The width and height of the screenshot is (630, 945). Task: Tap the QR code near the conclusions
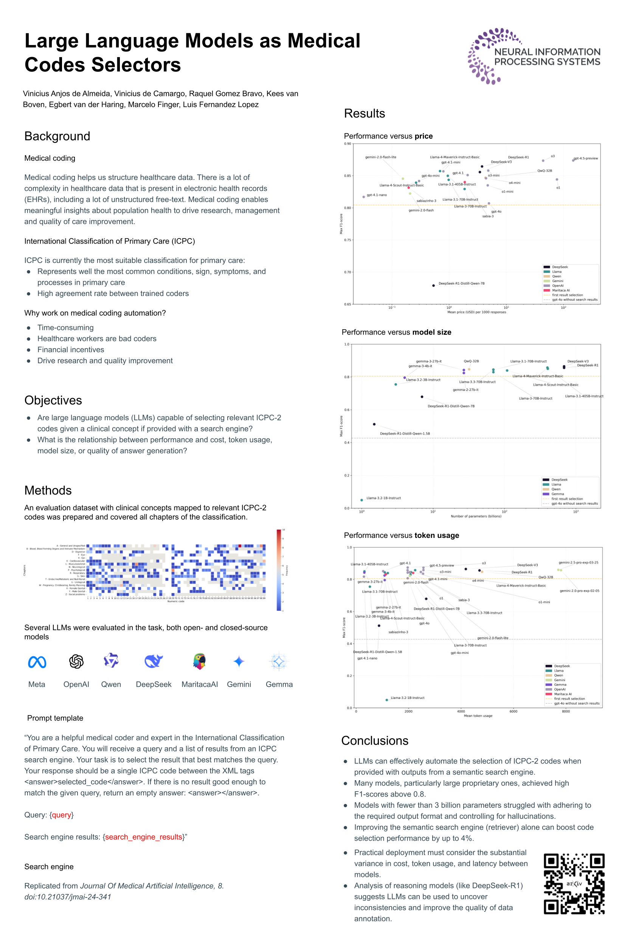tap(574, 883)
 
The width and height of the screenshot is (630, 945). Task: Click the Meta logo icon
tap(37, 662)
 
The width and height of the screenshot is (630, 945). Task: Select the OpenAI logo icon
tap(76, 661)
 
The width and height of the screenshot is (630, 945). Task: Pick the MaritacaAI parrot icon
tap(199, 661)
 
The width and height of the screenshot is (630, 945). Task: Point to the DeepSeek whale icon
tap(154, 661)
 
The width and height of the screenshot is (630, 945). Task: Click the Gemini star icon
tap(239, 661)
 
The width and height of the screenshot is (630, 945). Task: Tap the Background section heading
tap(57, 136)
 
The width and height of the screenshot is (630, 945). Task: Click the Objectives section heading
tap(53, 400)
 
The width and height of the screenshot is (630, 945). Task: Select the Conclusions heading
tap(374, 741)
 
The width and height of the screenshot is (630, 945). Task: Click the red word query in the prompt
tap(62, 815)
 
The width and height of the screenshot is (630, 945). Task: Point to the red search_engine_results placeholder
tap(143, 837)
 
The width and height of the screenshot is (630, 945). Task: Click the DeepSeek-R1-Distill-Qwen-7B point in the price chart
tap(433, 285)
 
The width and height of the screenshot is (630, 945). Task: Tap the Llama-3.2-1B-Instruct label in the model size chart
tap(383, 498)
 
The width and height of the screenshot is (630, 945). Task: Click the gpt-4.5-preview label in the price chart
tap(585, 158)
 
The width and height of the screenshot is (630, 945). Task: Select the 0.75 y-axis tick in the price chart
tap(347, 240)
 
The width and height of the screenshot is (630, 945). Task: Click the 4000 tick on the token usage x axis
tap(461, 711)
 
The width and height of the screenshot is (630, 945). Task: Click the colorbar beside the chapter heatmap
tap(279, 570)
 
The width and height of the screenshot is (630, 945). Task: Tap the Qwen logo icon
tap(111, 661)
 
